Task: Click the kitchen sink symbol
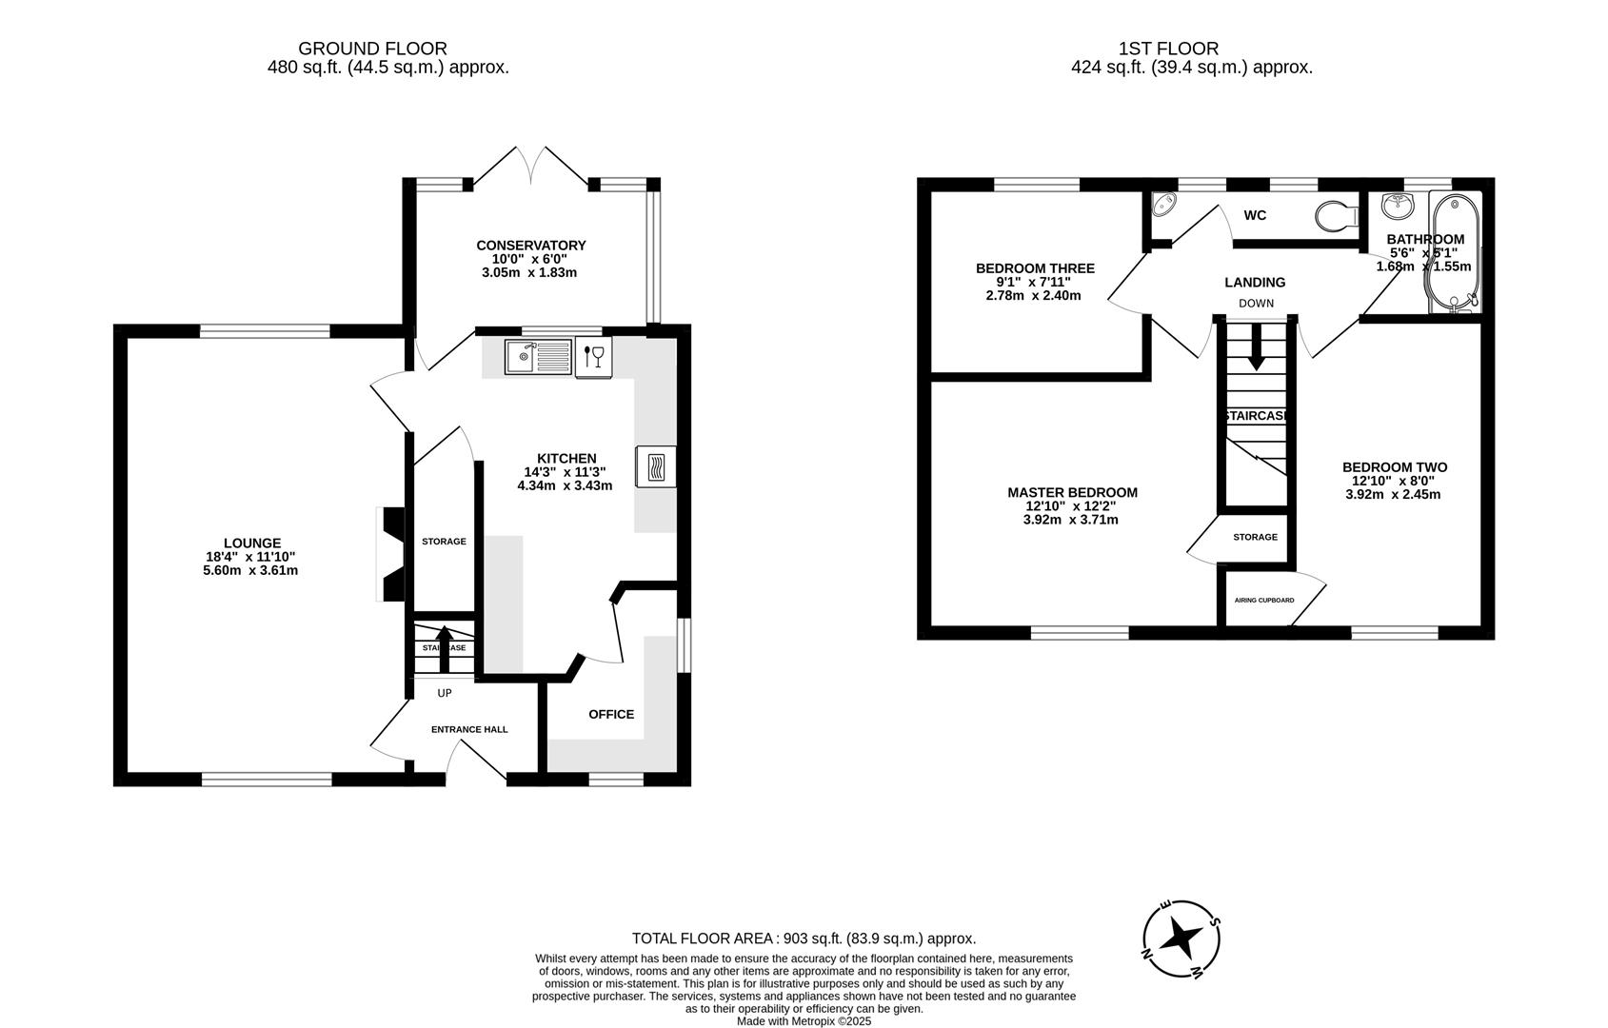coord(538,357)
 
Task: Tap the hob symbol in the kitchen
coord(656,466)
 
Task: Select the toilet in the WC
coord(1338,215)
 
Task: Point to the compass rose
coord(1181,939)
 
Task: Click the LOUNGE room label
coord(252,544)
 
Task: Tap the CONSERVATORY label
coord(531,246)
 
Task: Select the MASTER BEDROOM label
coord(1072,492)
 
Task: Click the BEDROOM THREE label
coord(1035,268)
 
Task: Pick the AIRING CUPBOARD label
coord(1263,601)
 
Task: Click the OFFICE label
coord(611,714)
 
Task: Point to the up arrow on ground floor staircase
coord(444,647)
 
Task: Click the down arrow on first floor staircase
coord(1256,347)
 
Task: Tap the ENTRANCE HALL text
coord(469,729)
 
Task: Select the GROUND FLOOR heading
coord(372,49)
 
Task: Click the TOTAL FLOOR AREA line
coord(804,939)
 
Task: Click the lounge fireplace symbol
coord(392,555)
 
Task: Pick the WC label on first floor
coord(1255,215)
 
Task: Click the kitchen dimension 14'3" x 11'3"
coord(565,472)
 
